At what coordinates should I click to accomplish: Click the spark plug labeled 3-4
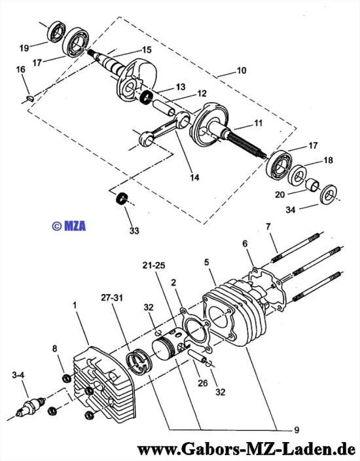(x=31, y=406)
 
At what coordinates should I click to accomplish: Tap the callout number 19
(x=24, y=48)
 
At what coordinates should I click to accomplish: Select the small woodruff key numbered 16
(x=30, y=98)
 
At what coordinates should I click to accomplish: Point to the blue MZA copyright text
(x=69, y=226)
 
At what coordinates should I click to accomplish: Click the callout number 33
(x=134, y=230)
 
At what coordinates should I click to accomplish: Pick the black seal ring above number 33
(x=121, y=198)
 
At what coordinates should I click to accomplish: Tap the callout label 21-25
(x=154, y=265)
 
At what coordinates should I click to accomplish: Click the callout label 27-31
(x=112, y=297)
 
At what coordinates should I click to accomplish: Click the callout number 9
(x=297, y=430)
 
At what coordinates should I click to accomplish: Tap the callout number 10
(x=242, y=71)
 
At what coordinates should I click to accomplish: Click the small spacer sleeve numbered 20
(x=313, y=185)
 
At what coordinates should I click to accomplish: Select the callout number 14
(x=194, y=177)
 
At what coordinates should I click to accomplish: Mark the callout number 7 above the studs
(x=268, y=227)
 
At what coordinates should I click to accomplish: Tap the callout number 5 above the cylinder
(x=207, y=262)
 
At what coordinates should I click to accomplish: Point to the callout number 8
(x=54, y=348)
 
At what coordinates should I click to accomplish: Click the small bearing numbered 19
(x=57, y=31)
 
